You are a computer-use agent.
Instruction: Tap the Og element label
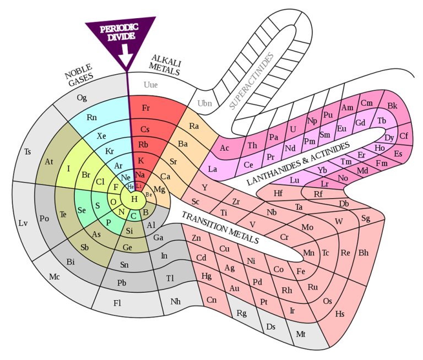(82, 98)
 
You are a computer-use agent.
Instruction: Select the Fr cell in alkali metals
(146, 108)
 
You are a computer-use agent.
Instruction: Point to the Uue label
(150, 85)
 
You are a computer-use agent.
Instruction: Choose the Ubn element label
(204, 103)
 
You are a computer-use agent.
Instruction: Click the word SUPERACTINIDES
(251, 81)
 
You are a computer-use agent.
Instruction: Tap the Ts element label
(28, 151)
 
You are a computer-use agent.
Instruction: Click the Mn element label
(309, 253)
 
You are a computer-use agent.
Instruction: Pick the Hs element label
(340, 314)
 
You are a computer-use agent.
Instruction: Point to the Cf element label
(404, 135)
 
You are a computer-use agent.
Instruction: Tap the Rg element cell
(242, 314)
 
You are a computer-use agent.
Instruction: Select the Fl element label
(117, 303)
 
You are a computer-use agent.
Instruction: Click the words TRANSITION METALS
(220, 227)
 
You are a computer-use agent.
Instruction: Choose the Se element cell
(82, 210)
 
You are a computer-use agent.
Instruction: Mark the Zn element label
(196, 238)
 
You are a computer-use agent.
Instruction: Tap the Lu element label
(295, 179)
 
